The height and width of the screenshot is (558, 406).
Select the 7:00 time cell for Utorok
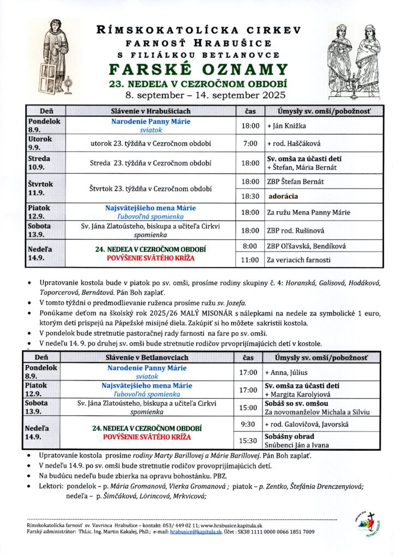click(x=250, y=144)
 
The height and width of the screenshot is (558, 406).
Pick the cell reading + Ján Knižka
click(x=286, y=126)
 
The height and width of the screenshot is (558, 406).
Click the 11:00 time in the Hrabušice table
click(x=250, y=260)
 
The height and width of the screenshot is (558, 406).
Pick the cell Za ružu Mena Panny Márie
click(x=308, y=213)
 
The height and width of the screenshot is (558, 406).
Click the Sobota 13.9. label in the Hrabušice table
click(x=38, y=230)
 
